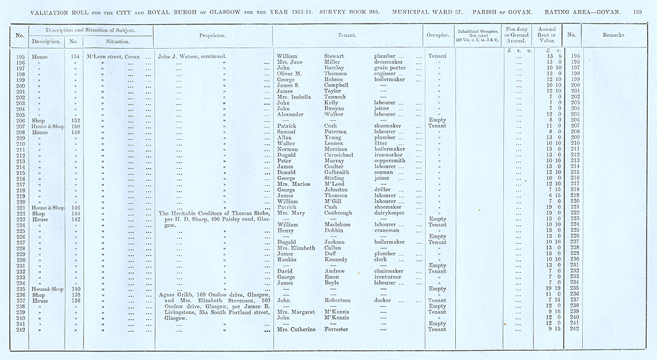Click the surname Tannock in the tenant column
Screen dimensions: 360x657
coord(337,97)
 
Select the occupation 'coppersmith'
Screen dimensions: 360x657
coord(390,160)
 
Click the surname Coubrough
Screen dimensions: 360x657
coord(340,213)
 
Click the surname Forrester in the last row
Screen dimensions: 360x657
coord(340,328)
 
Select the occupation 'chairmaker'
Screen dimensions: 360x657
coord(390,271)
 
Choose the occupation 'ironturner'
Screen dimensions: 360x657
coord(389,277)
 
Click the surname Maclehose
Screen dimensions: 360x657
coord(341,224)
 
